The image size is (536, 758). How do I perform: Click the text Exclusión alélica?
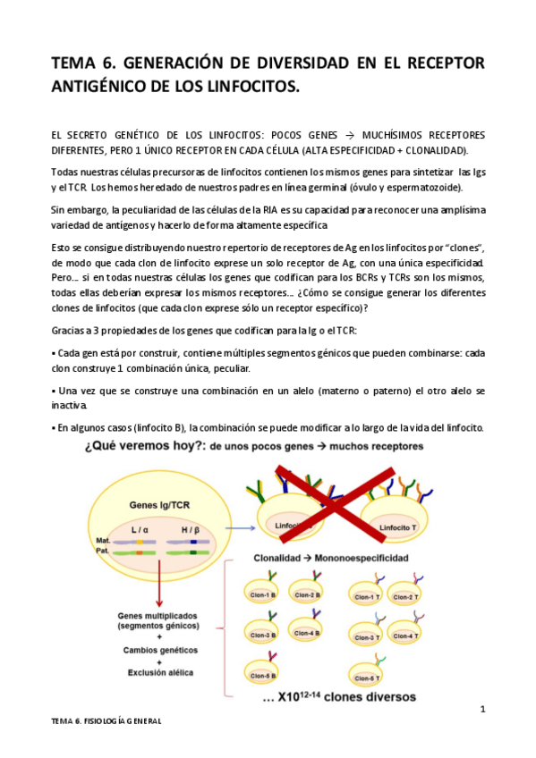click(157, 670)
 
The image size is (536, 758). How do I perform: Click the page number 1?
click(482, 709)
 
